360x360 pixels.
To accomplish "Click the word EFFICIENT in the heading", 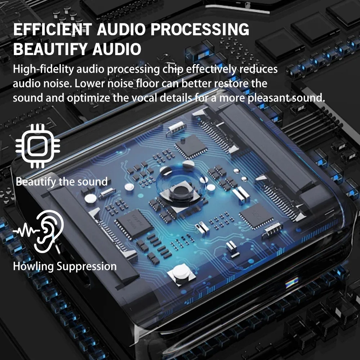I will point(50,30).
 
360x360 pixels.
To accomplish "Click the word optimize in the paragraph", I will point(95,98).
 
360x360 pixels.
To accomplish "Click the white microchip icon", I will point(38,146).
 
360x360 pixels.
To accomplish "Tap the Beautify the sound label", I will point(62,181).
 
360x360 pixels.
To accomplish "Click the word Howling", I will point(33,266).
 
